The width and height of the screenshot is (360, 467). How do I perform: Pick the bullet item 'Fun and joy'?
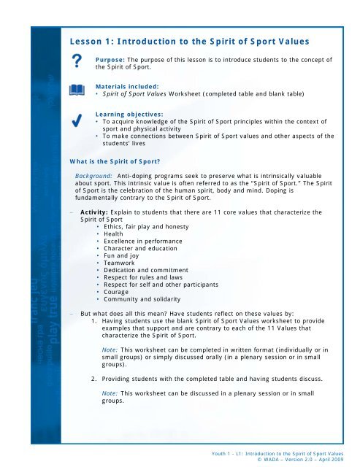[x=122, y=259]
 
